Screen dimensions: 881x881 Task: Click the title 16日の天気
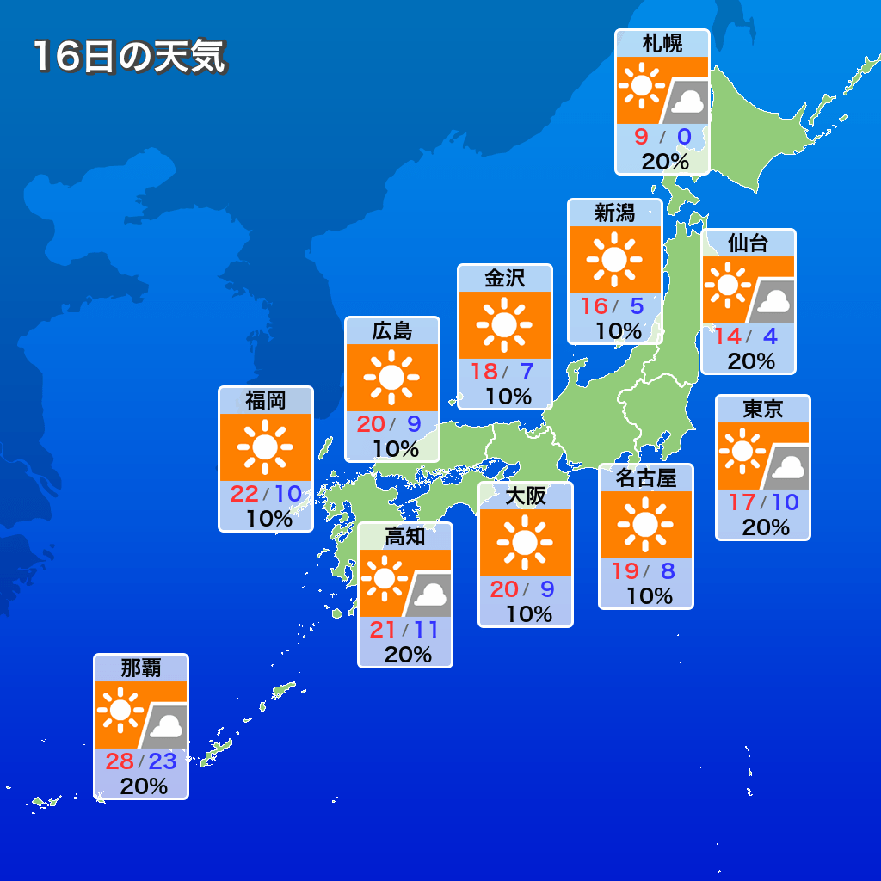click(129, 57)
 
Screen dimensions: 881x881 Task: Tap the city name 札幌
click(662, 43)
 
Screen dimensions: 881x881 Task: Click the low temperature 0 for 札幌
click(684, 137)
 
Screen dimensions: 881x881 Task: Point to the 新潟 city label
click(615, 213)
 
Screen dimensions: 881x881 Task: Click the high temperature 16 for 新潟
click(594, 306)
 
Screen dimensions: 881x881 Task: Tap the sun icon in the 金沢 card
click(504, 324)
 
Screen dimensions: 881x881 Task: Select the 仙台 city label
click(749, 243)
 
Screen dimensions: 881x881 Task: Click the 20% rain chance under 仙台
click(750, 361)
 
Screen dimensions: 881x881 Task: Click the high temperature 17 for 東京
click(741, 502)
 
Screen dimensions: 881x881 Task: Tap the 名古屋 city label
click(646, 477)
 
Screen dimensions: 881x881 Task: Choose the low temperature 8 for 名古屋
click(668, 570)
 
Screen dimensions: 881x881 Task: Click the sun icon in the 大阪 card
click(525, 542)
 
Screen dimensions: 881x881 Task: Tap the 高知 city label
click(404, 536)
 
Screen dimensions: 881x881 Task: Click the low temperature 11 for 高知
click(426, 630)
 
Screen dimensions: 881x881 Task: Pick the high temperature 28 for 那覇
click(120, 761)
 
